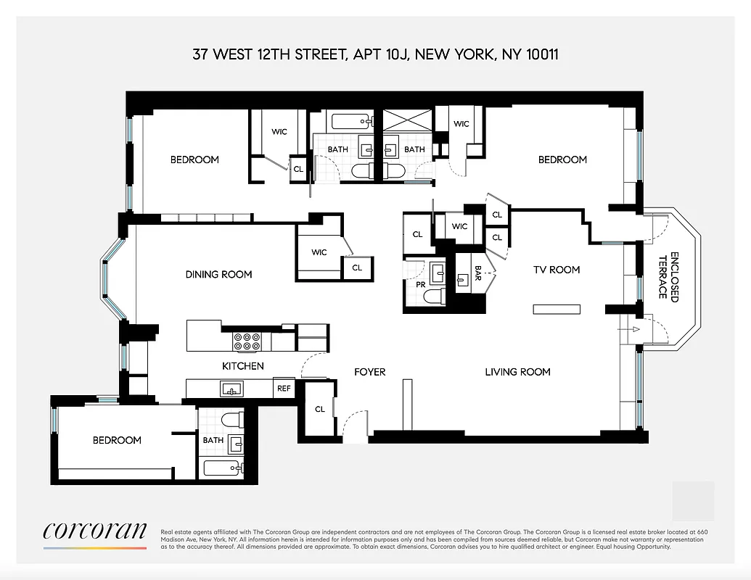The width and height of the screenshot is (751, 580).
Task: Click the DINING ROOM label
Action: pos(218,274)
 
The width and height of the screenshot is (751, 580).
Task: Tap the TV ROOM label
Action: pos(557,270)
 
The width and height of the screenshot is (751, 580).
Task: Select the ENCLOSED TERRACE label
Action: pos(668,276)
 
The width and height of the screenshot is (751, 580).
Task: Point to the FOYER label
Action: pos(369,372)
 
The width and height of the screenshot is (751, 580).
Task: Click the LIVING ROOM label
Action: pos(517,372)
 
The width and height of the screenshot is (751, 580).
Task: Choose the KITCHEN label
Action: pos(242,366)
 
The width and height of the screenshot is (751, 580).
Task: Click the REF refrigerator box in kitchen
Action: pos(284,389)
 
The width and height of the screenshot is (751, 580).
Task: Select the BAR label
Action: pos(478,273)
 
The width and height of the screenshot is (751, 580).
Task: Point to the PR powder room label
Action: pos(420,285)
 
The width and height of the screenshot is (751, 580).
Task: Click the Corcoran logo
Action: pos(95,531)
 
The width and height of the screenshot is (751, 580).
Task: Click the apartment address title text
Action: pos(375,55)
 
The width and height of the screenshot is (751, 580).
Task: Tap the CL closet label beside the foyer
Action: pos(320,409)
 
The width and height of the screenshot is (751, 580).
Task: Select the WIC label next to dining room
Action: pos(319,252)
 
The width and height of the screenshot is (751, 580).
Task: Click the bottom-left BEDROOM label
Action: pos(117,440)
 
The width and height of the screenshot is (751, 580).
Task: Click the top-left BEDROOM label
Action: pos(194,159)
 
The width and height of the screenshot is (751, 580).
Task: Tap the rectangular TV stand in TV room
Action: pos(557,310)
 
